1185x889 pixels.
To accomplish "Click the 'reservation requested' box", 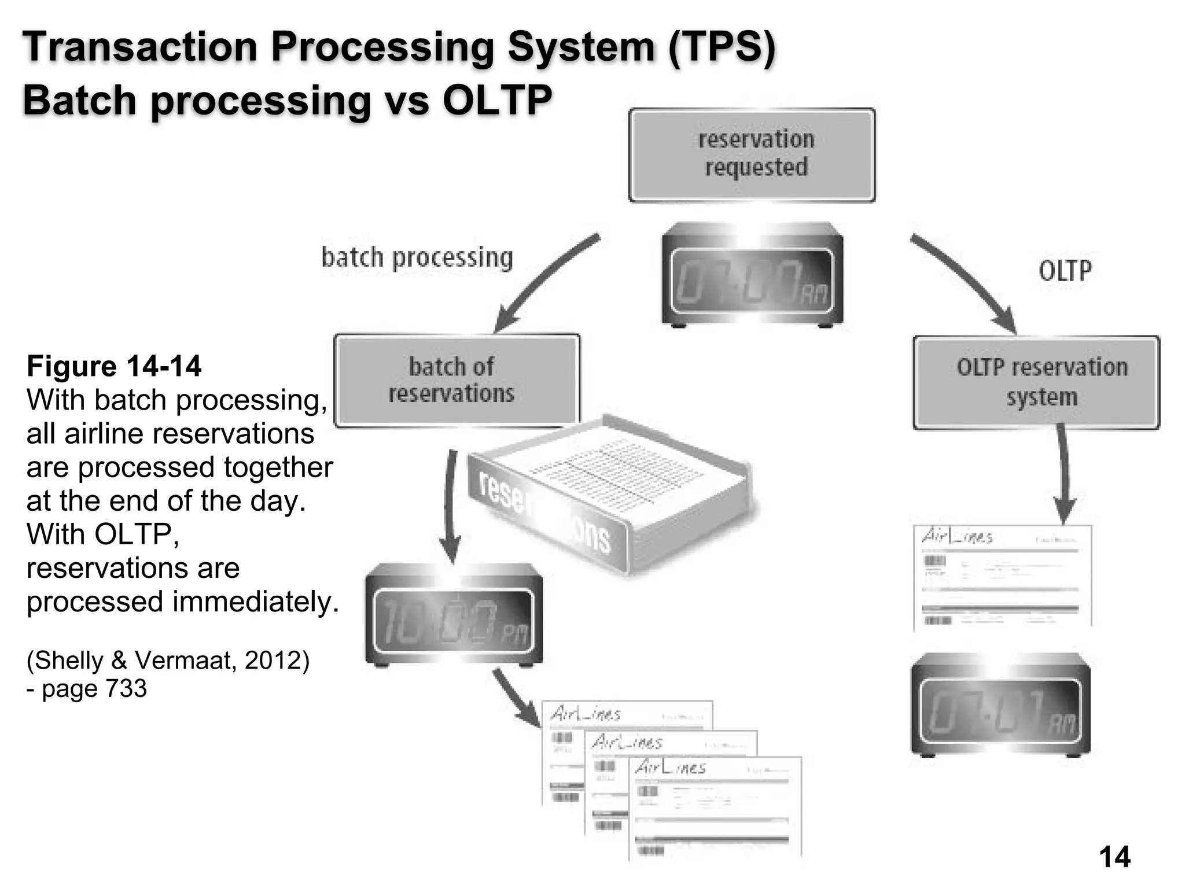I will pyautogui.click(x=752, y=154).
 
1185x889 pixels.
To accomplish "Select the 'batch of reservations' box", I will pyautogui.click(x=457, y=380).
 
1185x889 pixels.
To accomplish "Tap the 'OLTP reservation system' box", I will pyautogui.click(x=1036, y=382).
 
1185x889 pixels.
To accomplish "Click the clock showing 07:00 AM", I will pyautogui.click(x=752, y=275).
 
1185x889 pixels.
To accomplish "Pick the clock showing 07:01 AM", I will pyautogui.click(x=1000, y=704).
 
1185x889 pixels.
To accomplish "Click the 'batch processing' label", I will pyautogui.click(x=417, y=258).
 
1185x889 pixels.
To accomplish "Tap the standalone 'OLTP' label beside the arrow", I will pyautogui.click(x=1064, y=270).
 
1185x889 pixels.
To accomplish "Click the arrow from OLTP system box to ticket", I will pyautogui.click(x=1063, y=474).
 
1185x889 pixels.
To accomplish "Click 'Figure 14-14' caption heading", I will pyautogui.click(x=114, y=366).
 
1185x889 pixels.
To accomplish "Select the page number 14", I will pyautogui.click(x=1114, y=857).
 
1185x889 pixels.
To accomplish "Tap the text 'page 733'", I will pyautogui.click(x=94, y=688).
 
